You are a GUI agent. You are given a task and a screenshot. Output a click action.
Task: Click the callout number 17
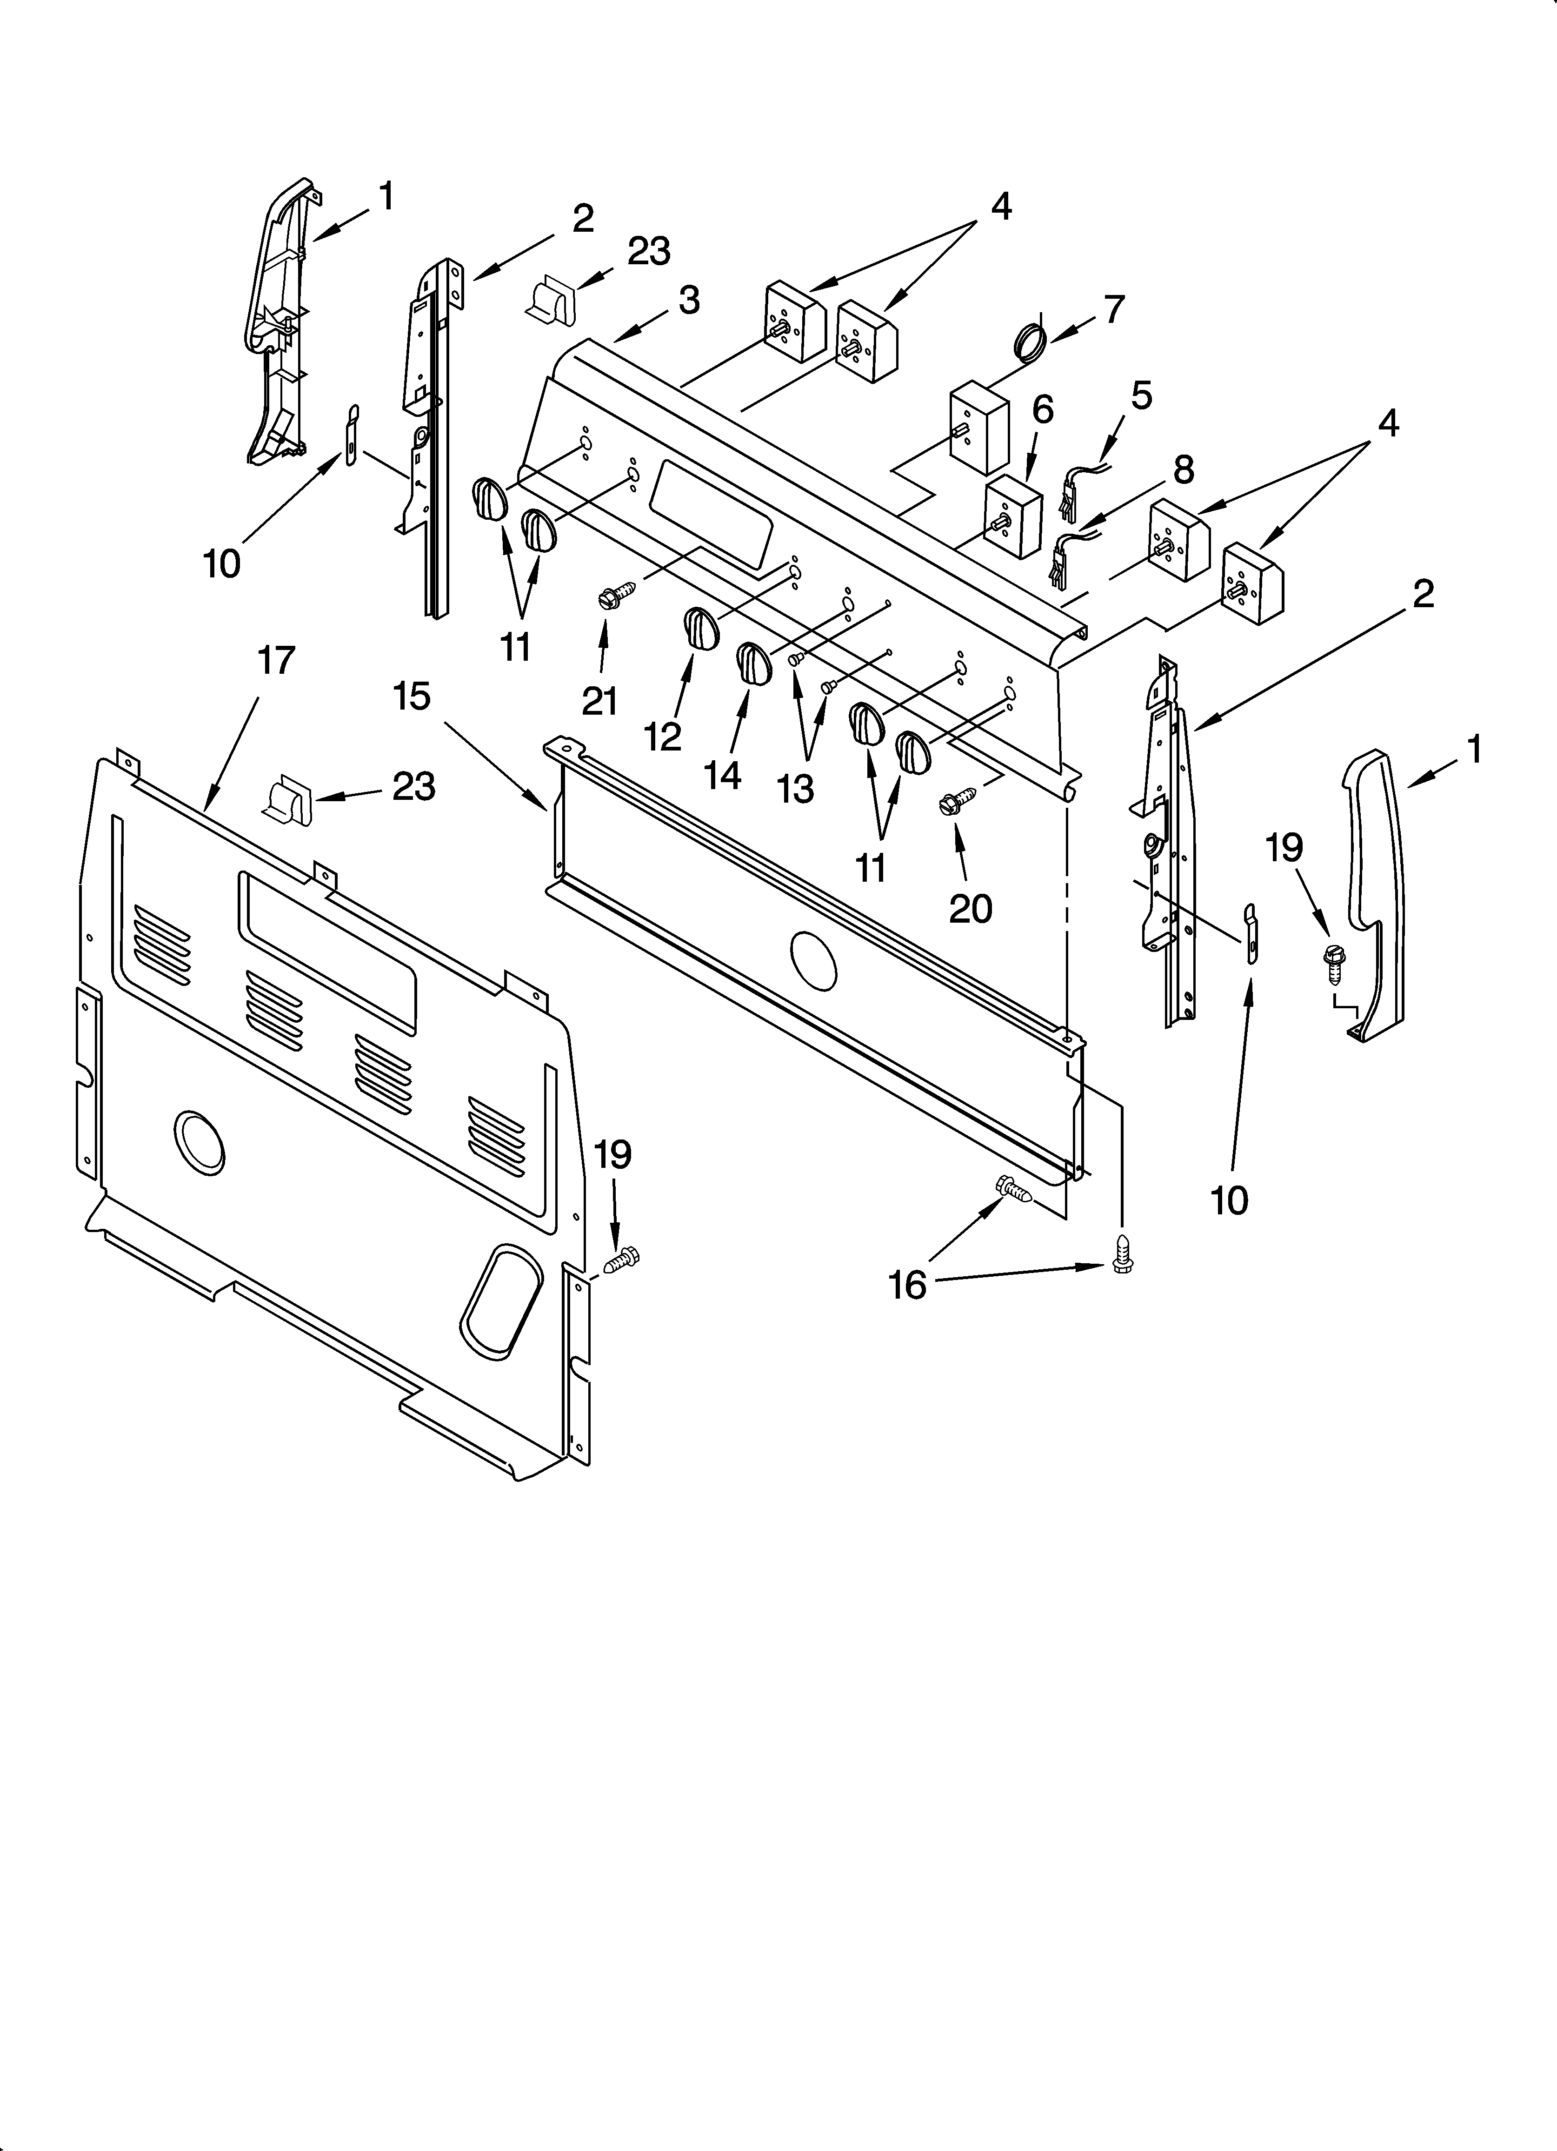(276, 660)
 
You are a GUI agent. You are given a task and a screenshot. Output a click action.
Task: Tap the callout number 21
(599, 701)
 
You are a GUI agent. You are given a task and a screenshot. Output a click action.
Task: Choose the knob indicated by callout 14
(755, 662)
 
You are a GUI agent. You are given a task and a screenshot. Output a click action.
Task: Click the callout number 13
(797, 788)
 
